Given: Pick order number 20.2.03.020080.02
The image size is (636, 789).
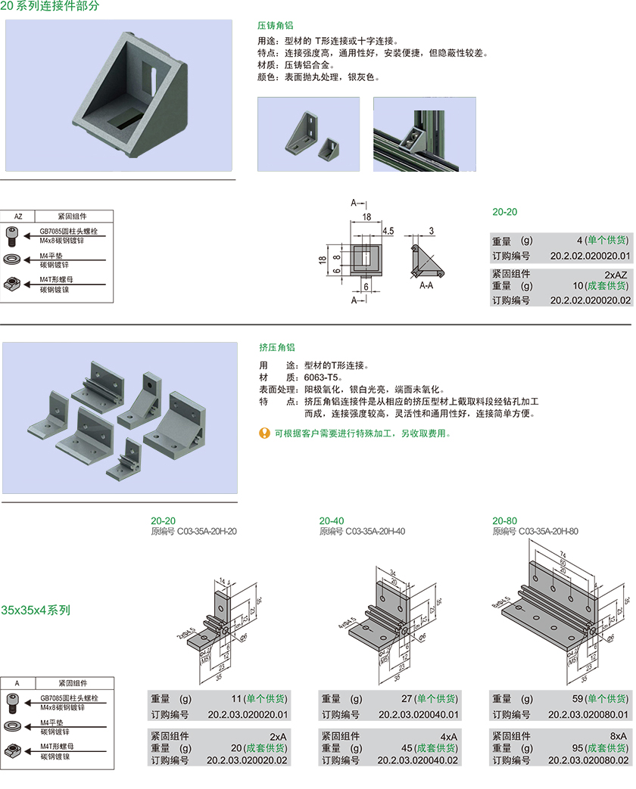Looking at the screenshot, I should click(588, 760).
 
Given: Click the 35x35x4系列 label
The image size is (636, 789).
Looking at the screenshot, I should click(36, 610).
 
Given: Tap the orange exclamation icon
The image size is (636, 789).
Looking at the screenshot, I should click(264, 433).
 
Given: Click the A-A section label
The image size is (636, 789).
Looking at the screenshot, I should click(426, 286).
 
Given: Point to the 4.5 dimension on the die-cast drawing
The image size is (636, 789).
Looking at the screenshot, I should click(388, 230).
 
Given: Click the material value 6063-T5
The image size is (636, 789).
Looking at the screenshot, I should click(323, 377).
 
